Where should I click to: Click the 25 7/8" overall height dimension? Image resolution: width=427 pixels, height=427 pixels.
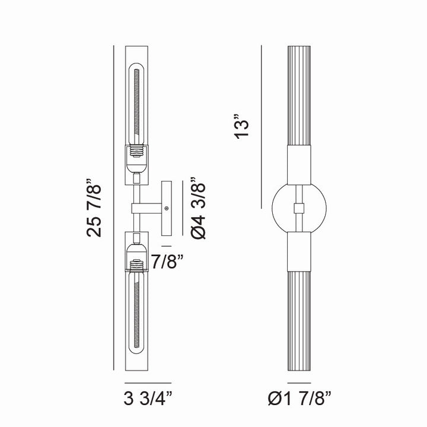pyautogui.click(x=94, y=208)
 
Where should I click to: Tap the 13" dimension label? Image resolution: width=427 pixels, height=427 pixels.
pyautogui.click(x=241, y=127)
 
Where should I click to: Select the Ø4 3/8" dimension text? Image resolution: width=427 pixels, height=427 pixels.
pyautogui.click(x=198, y=208)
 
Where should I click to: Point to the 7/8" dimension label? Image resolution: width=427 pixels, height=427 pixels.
pyautogui.click(x=167, y=262)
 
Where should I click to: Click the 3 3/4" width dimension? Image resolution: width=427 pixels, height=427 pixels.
pyautogui.click(x=148, y=399)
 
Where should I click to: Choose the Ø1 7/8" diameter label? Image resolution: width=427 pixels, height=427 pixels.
pyautogui.click(x=299, y=399)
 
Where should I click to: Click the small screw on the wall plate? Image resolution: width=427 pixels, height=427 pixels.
pyautogui.click(x=167, y=208)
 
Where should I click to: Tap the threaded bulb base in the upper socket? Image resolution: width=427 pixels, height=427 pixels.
pyautogui.click(x=136, y=151)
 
